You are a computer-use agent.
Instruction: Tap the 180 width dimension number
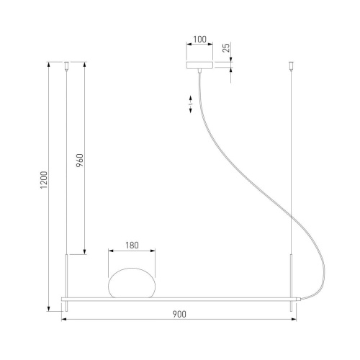(132, 245)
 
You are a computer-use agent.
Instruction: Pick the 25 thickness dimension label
(226, 48)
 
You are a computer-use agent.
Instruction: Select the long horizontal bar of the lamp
(180, 297)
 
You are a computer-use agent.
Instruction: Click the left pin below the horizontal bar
(67, 306)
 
